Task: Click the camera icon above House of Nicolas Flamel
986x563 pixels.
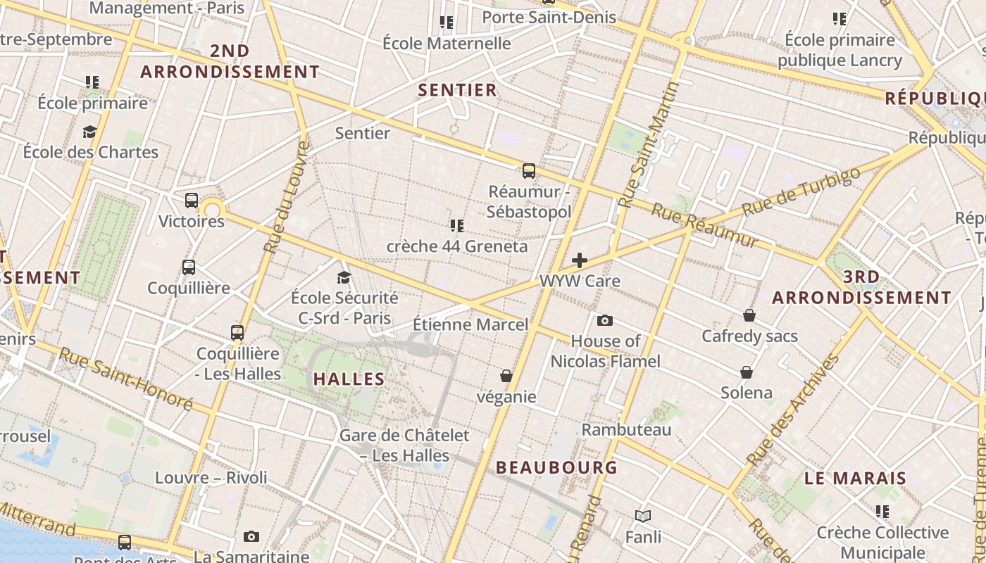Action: click(604, 321)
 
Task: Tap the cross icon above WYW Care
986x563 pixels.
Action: click(579, 260)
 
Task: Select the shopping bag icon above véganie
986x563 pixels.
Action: click(506, 376)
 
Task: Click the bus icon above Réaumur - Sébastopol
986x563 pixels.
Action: click(528, 170)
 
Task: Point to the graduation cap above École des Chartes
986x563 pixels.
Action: click(89, 132)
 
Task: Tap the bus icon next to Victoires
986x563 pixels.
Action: click(191, 201)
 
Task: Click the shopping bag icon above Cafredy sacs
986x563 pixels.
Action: click(749, 315)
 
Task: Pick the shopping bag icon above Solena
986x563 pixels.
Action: click(747, 372)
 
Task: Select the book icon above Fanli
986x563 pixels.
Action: click(642, 516)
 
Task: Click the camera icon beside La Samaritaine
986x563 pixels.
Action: click(251, 537)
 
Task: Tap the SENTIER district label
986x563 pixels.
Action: click(458, 90)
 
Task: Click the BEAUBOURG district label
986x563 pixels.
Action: click(556, 467)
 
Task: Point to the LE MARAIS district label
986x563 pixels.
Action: click(855, 479)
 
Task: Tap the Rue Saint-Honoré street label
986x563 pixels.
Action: click(126, 379)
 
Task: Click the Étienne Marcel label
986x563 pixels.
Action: click(470, 324)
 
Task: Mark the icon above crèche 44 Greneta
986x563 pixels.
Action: click(456, 225)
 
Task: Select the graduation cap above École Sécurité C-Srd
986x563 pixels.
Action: click(344, 277)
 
